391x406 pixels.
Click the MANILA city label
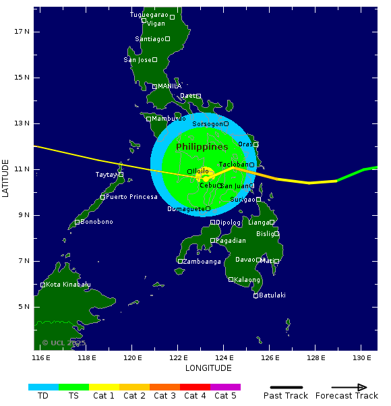pyautogui.click(x=169, y=86)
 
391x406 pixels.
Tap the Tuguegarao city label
pyautogui.click(x=148, y=14)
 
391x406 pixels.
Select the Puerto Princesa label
pyautogui.click(x=131, y=197)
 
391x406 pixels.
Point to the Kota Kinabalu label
pyautogui.click(x=68, y=285)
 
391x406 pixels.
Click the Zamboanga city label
pyautogui.click(x=202, y=262)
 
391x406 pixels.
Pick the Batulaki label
pyautogui.click(x=272, y=295)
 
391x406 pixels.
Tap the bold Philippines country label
pyautogui.click(x=202, y=147)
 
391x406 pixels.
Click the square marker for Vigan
pyautogui.click(x=144, y=20)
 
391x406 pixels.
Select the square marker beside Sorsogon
pyautogui.click(x=226, y=123)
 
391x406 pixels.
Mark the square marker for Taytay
pyautogui.click(x=121, y=175)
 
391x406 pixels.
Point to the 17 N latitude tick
pyautogui.click(x=23, y=31)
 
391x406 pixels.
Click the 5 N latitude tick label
pyautogui.click(x=23, y=307)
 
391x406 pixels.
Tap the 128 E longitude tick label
pyautogui.click(x=316, y=357)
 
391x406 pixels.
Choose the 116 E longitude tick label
pyautogui.click(x=41, y=357)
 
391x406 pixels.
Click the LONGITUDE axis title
pyautogui.click(x=208, y=368)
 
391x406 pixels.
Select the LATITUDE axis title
pyautogui.click(x=6, y=178)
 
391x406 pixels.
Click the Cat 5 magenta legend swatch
pyautogui.click(x=225, y=387)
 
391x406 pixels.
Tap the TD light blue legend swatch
pyautogui.click(x=43, y=387)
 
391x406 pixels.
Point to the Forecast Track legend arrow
pyautogui.click(x=340, y=387)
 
